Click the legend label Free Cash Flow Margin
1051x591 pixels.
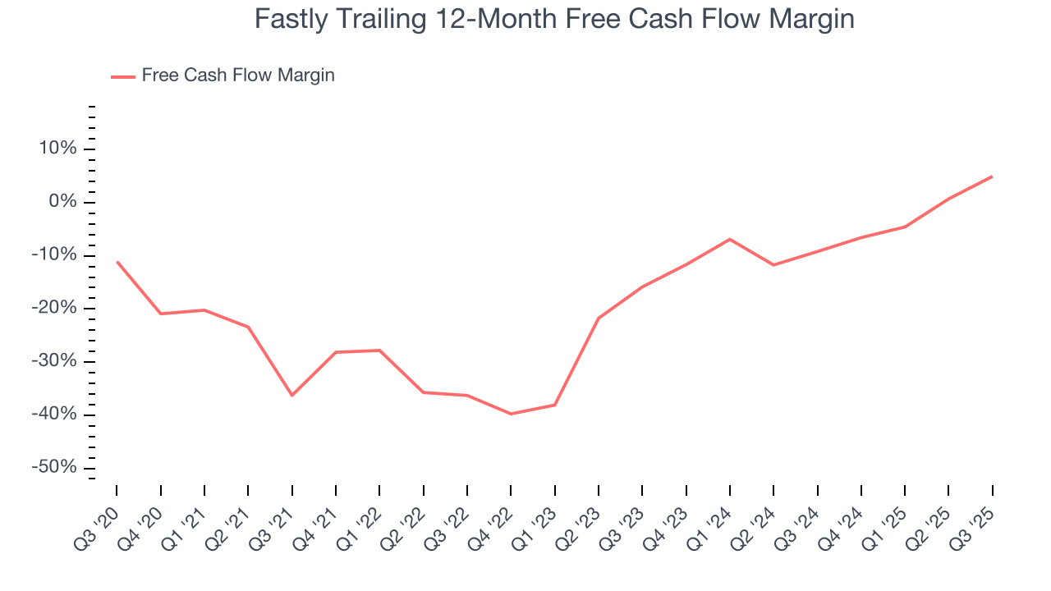pyautogui.click(x=238, y=76)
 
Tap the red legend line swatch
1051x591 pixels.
pyautogui.click(x=123, y=76)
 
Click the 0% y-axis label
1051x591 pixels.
pyautogui.click(x=65, y=202)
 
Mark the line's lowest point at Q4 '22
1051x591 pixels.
pyautogui.click(x=511, y=414)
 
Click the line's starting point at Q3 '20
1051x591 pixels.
pyautogui.click(x=117, y=261)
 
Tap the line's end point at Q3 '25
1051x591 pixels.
pyautogui.click(x=992, y=176)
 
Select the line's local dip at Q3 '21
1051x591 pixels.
pyautogui.click(x=291, y=396)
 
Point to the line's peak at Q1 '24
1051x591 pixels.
pyautogui.click(x=730, y=239)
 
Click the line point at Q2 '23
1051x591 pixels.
pyautogui.click(x=599, y=318)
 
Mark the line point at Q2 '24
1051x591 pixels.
pyautogui.click(x=773, y=265)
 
